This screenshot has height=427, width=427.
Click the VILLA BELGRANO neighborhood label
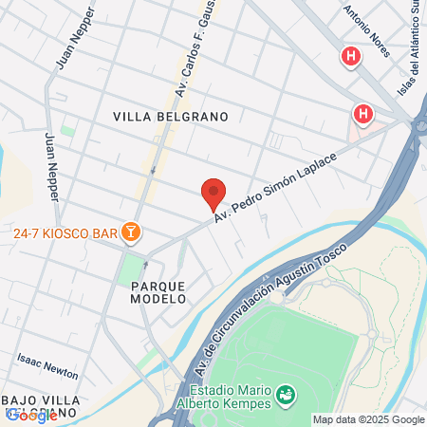(x=171, y=117)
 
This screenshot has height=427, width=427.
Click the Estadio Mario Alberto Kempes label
(x=230, y=398)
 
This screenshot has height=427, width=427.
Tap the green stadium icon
(x=285, y=393)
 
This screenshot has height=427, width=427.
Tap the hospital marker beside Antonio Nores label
(x=352, y=58)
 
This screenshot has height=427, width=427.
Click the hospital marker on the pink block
(x=362, y=116)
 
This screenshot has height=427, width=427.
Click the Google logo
(x=30, y=416)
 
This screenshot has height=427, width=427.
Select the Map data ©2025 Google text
(x=369, y=419)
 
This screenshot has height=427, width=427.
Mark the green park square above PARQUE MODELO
(x=129, y=269)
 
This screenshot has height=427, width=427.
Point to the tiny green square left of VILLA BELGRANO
(x=67, y=129)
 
